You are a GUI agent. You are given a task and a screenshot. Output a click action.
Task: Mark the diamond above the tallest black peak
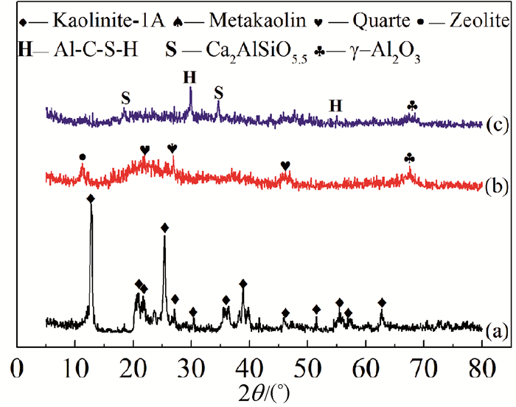(x=91, y=199)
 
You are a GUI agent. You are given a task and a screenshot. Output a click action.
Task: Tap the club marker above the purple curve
(x=412, y=106)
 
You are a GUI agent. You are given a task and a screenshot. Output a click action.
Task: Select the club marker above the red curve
(x=410, y=158)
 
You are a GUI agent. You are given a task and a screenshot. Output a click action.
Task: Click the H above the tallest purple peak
(x=191, y=77)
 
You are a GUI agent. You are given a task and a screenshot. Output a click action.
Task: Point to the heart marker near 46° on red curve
(x=285, y=164)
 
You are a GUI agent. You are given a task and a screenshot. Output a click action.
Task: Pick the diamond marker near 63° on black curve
(x=382, y=302)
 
